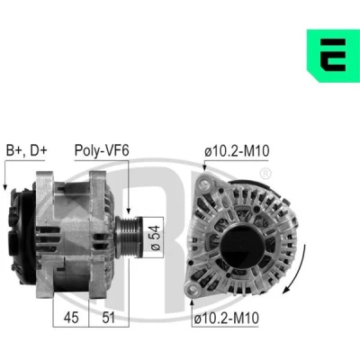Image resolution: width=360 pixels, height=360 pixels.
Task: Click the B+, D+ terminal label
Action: (x=26, y=150)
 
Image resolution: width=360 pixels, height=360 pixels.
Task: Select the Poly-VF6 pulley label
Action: (x=102, y=150)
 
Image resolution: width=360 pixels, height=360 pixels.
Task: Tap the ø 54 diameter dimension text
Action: (x=156, y=238)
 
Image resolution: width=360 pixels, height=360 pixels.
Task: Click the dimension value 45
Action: (x=71, y=317)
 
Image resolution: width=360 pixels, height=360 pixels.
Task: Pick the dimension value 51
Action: (x=108, y=317)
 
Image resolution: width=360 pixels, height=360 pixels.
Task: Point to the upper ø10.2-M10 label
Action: (x=237, y=151)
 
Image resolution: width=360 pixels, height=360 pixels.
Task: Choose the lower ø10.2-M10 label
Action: (x=226, y=318)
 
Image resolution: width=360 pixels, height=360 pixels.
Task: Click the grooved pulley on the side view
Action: (x=129, y=237)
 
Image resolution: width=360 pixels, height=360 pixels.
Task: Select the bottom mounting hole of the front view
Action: (x=193, y=289)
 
